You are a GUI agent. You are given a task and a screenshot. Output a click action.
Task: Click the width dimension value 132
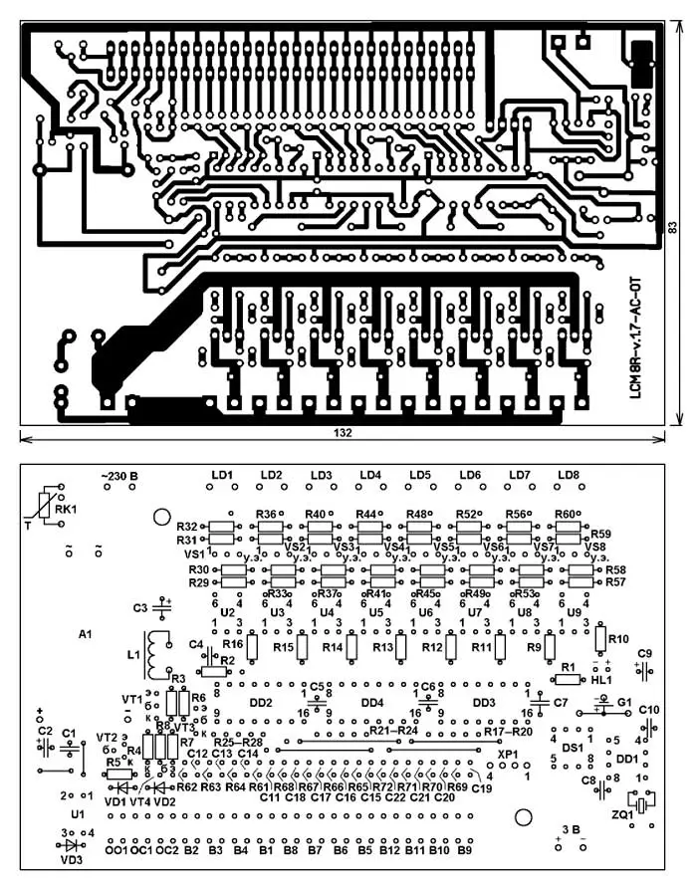[x=342, y=434]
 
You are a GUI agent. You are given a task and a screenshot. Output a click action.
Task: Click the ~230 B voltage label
[x=118, y=476]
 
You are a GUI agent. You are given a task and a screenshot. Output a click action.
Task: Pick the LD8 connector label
[x=568, y=475]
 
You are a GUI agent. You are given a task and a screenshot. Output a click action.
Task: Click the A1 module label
[x=85, y=633]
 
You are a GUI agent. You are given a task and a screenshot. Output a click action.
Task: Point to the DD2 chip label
[x=261, y=703]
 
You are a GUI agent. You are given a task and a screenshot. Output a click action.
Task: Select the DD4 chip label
[x=371, y=703]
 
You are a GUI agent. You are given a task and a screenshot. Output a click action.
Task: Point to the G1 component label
[x=624, y=702]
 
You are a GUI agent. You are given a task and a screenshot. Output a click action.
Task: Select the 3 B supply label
[x=571, y=828]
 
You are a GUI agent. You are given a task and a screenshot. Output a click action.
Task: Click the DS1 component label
[x=572, y=748]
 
